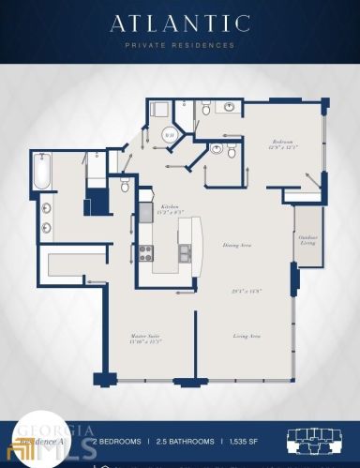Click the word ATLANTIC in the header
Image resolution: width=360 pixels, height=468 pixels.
tap(179, 23)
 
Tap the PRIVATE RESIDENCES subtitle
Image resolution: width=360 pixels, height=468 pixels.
tap(179, 44)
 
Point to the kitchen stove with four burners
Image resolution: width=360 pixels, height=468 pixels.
tap(146, 251)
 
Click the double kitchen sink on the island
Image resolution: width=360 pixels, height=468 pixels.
tap(185, 251)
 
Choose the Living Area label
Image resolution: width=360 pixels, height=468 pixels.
tap(246, 335)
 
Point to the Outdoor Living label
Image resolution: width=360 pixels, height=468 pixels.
tap(307, 239)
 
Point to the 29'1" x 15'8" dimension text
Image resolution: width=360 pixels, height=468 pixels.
tap(246, 290)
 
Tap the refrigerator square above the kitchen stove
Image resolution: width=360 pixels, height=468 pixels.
tap(146, 213)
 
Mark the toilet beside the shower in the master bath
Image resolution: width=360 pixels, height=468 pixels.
tap(125, 186)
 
